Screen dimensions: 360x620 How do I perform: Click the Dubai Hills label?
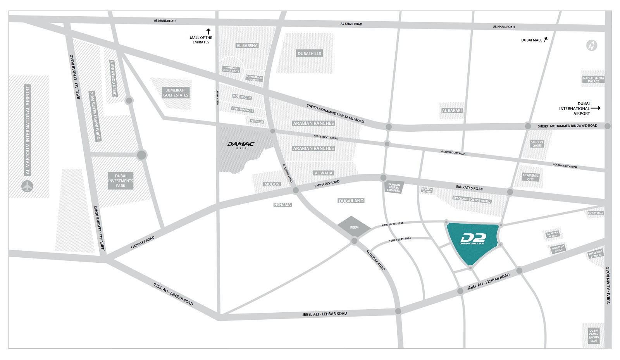click(309, 53)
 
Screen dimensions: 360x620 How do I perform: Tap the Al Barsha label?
click(247, 46)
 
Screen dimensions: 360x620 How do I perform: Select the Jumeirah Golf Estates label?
click(176, 93)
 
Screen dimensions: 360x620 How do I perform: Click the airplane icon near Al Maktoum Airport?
click(27, 186)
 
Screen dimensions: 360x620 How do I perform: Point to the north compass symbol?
click(591, 46)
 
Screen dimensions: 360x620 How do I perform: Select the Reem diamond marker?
click(354, 227)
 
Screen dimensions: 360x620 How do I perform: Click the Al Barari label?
click(452, 110)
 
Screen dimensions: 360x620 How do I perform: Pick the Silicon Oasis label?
click(537, 144)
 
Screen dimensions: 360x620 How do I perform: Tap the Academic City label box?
click(530, 177)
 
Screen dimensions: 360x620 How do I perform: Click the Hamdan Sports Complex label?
click(393, 188)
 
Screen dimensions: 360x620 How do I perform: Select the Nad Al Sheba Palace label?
click(593, 80)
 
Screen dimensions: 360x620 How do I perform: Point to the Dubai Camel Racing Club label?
click(594, 336)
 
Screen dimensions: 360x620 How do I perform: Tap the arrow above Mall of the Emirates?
click(208, 31)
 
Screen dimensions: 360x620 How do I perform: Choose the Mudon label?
click(272, 184)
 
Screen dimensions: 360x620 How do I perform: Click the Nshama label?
click(282, 205)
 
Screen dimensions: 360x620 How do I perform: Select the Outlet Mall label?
click(595, 213)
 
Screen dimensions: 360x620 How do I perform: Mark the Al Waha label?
click(324, 173)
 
